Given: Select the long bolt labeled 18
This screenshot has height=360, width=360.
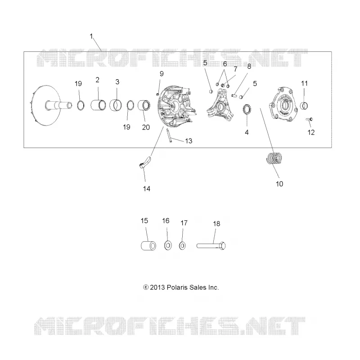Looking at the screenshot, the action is click(x=211, y=246).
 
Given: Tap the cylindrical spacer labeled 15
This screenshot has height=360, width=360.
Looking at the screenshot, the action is click(x=148, y=246).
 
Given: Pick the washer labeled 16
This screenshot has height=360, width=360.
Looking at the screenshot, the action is click(x=168, y=246).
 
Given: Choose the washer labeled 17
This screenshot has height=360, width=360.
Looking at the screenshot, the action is click(x=182, y=246).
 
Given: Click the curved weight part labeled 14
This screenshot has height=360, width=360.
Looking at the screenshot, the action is click(x=145, y=162).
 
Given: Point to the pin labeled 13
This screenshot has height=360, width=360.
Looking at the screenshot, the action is click(x=169, y=136).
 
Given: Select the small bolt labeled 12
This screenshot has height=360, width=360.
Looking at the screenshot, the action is click(x=310, y=119).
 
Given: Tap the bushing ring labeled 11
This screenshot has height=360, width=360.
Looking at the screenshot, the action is click(x=304, y=106).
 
